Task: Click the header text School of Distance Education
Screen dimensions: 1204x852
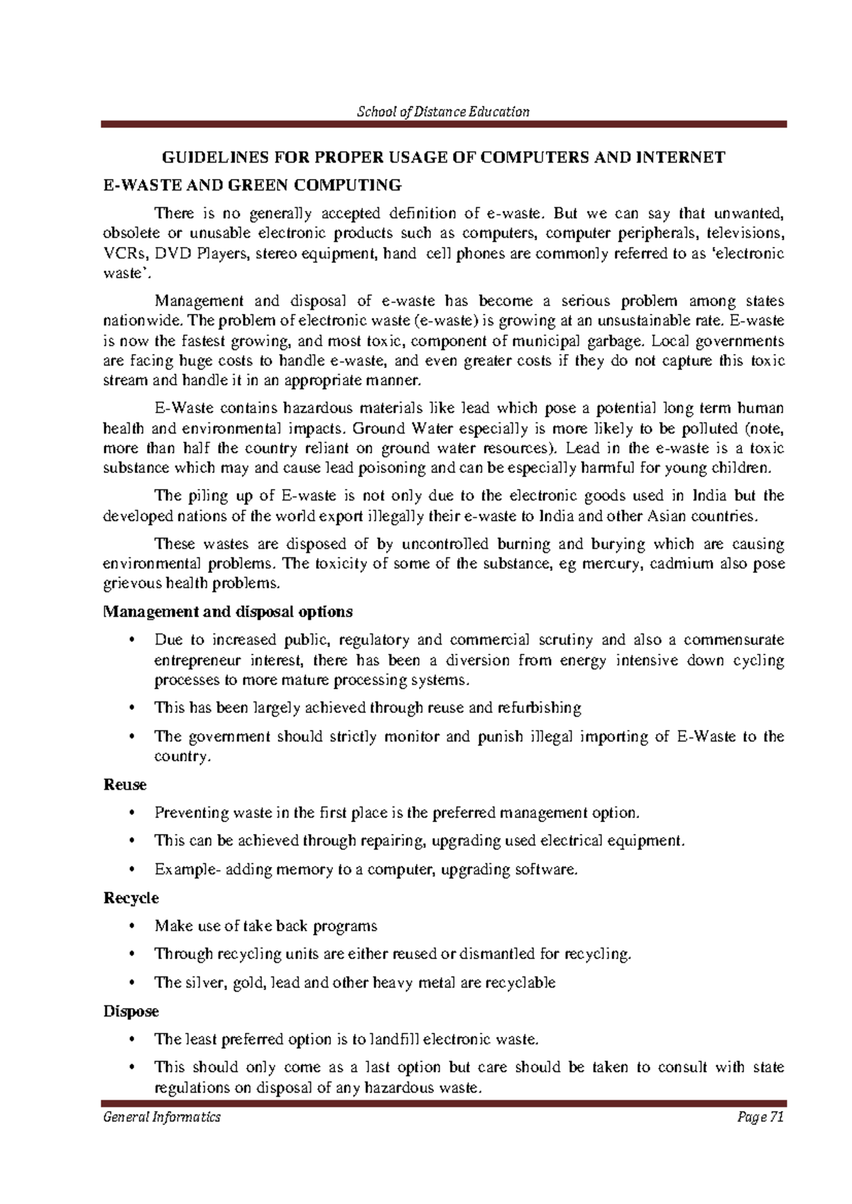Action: click(x=443, y=111)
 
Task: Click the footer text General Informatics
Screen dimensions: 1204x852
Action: click(x=162, y=1117)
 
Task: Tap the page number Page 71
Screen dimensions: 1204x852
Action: click(x=760, y=1117)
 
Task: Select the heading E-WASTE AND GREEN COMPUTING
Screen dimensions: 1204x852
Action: click(x=252, y=185)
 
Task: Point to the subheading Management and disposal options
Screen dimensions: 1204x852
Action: click(x=228, y=611)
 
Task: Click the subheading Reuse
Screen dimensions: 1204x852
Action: click(x=125, y=784)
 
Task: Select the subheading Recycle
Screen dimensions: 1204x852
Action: click(x=131, y=898)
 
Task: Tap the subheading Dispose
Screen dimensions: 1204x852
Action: click(x=131, y=1011)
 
